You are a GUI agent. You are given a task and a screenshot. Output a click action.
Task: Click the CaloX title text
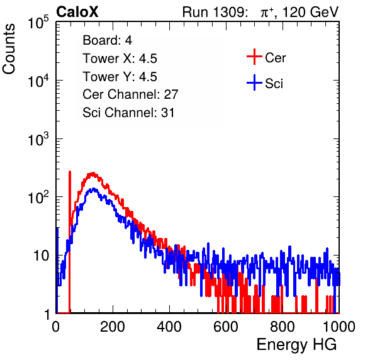77,12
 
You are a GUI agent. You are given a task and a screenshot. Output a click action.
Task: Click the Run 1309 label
215,12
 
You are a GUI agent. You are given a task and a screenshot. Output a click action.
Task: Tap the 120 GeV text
311,12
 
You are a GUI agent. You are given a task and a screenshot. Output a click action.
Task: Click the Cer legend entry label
275,58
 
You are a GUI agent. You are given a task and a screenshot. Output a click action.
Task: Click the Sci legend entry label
274,84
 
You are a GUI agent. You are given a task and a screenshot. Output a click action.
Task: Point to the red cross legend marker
254,57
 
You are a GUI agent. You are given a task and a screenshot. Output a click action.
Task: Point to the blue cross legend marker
254,82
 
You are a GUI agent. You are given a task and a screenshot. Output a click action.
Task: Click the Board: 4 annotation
107,40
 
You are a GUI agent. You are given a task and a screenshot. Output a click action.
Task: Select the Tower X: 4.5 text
120,59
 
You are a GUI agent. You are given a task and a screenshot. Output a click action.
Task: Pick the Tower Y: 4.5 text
120,77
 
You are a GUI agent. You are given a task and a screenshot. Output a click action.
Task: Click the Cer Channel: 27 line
130,94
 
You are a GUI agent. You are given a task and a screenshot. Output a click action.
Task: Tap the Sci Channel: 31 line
128,113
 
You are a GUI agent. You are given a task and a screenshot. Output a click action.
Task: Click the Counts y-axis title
9,49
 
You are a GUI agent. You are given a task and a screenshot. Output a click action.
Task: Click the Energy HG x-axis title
296,345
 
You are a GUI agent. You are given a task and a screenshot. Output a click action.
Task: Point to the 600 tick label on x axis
226,327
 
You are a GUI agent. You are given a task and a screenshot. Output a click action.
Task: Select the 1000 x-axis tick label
339,327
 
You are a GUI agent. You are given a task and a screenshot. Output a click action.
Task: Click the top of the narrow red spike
70,172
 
